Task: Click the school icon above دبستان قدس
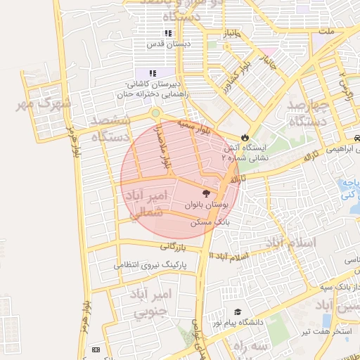pos(167,33)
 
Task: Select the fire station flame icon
pos(244,136)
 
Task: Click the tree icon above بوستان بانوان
pos(205,193)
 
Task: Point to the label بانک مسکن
pos(214,221)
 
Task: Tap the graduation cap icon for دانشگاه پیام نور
pos(238,311)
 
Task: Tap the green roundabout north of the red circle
pos(155,112)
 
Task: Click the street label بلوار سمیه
pos(193,127)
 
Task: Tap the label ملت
pos(326,32)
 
